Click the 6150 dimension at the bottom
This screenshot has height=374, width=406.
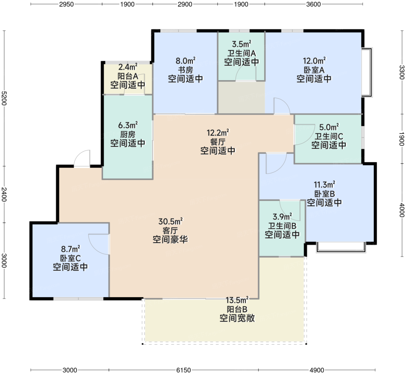click(x=183, y=370)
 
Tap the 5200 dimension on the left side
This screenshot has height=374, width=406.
click(x=4, y=98)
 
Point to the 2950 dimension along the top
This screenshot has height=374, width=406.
click(x=66, y=4)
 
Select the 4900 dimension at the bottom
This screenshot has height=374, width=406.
click(x=317, y=370)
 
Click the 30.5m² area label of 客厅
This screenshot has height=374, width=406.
click(x=171, y=222)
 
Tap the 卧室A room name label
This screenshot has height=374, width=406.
click(x=314, y=70)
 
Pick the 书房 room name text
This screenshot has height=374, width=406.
click(x=185, y=70)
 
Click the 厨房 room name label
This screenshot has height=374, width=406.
click(x=128, y=135)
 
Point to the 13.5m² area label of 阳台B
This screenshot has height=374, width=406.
click(x=237, y=300)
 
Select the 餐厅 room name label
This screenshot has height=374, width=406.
click(x=218, y=142)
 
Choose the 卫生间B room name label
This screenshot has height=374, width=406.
click(x=282, y=226)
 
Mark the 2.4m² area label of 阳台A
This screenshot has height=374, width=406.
click(x=128, y=67)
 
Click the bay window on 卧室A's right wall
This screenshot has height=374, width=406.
click(x=367, y=72)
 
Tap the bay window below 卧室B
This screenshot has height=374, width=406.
click(x=341, y=247)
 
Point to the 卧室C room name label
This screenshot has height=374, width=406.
click(x=70, y=258)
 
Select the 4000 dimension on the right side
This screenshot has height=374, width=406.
click(x=402, y=210)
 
